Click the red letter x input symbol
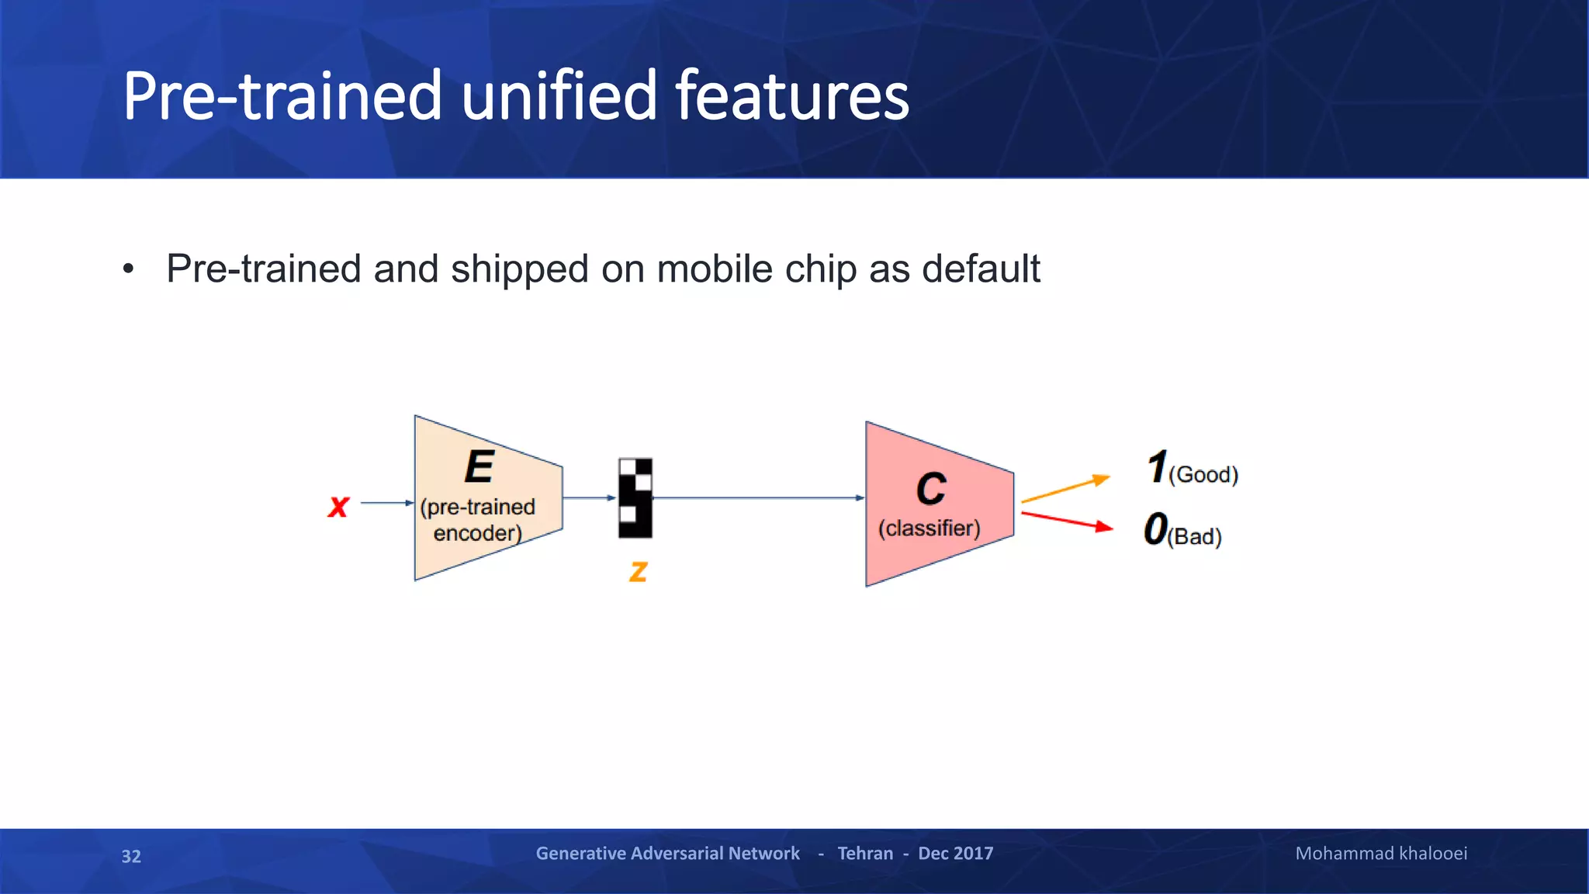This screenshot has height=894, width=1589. coord(338,507)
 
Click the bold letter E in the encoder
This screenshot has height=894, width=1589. coord(479,467)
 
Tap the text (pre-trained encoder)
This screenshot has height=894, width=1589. coord(477,520)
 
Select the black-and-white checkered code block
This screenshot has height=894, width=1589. coord(635,498)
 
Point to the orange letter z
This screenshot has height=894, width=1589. coord(638,571)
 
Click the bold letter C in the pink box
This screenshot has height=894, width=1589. coord(931,489)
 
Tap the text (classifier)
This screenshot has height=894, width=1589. coord(929,528)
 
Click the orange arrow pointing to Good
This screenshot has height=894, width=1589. coord(1065,490)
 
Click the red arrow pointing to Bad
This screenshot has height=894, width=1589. coord(1067,521)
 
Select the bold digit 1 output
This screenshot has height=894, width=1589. coord(1157,467)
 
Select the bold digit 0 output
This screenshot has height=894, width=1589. coord(1155,529)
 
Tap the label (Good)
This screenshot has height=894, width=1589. coord(1203,474)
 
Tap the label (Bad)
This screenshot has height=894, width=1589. coord(1195,536)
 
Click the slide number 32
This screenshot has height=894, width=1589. coord(131,856)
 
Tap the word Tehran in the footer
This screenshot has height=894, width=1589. coord(865,854)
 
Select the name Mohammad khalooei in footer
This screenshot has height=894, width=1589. coord(1381,854)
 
